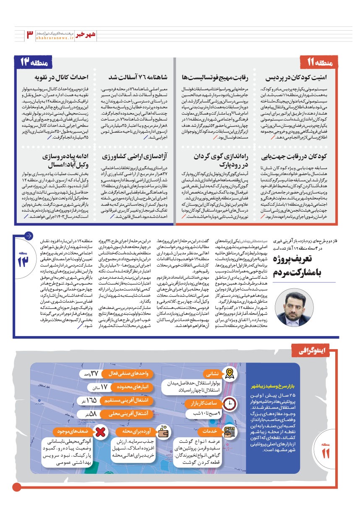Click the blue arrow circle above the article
coord(29,235)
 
